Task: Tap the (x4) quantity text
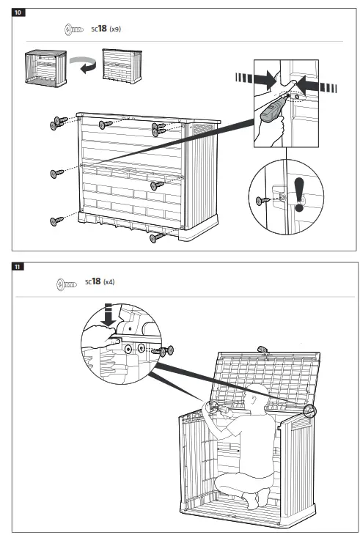click(109, 281)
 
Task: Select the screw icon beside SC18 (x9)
click(73, 29)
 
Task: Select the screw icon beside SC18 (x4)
click(67, 282)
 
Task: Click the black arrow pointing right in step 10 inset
click(260, 76)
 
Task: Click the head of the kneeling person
click(254, 396)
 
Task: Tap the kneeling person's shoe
click(253, 500)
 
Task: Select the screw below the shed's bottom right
click(155, 237)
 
